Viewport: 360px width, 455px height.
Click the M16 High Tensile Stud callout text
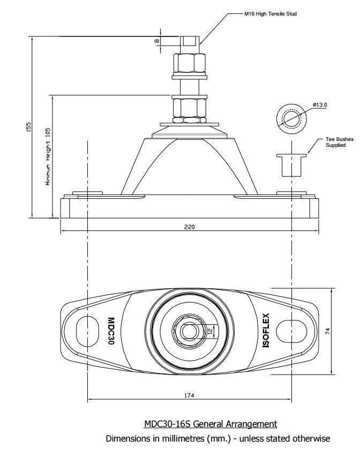[x=270, y=14]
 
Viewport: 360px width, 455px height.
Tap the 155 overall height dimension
[x=29, y=126]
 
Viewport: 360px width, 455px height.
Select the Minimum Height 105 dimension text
[x=48, y=156]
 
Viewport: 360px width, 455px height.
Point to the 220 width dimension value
[x=189, y=227]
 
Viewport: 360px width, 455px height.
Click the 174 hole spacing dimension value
[x=189, y=396]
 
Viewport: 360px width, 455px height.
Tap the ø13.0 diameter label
[x=320, y=105]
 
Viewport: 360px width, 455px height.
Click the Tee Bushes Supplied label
[x=339, y=142]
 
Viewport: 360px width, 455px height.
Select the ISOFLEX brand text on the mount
[x=266, y=331]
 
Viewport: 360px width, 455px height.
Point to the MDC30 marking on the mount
[x=111, y=331]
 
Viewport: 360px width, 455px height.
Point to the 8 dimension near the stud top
[x=157, y=41]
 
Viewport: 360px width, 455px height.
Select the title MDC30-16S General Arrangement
[x=211, y=424]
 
